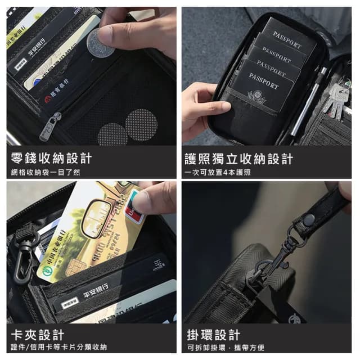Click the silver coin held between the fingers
pyautogui.click(x=100, y=43)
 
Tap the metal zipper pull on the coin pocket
pyautogui.click(x=51, y=125)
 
